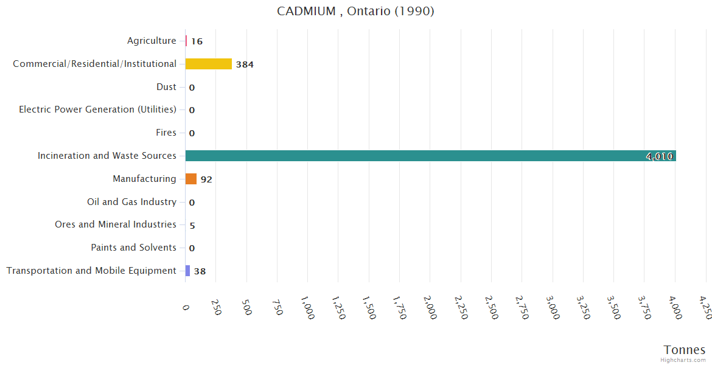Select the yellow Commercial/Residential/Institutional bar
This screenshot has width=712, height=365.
[x=208, y=64]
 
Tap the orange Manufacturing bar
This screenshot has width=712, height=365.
[x=191, y=179]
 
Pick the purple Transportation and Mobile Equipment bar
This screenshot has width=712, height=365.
[x=187, y=271]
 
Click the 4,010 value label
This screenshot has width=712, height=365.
[x=660, y=156]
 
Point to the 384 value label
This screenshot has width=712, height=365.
[x=245, y=64]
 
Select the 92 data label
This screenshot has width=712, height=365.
[x=206, y=179]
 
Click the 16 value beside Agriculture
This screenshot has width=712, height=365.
[x=197, y=41]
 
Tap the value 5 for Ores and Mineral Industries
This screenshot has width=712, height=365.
[x=192, y=225]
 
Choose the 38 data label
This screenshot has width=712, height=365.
[x=200, y=271]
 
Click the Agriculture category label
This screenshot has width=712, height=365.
[x=152, y=41]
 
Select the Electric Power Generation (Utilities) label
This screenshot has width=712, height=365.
[x=97, y=109]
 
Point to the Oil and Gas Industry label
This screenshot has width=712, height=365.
[x=131, y=201]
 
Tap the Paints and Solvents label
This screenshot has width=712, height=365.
[x=133, y=248]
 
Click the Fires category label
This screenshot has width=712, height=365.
[x=166, y=133]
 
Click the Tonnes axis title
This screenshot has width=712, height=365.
[x=684, y=350]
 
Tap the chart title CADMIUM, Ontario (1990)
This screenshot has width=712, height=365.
[x=355, y=11]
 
